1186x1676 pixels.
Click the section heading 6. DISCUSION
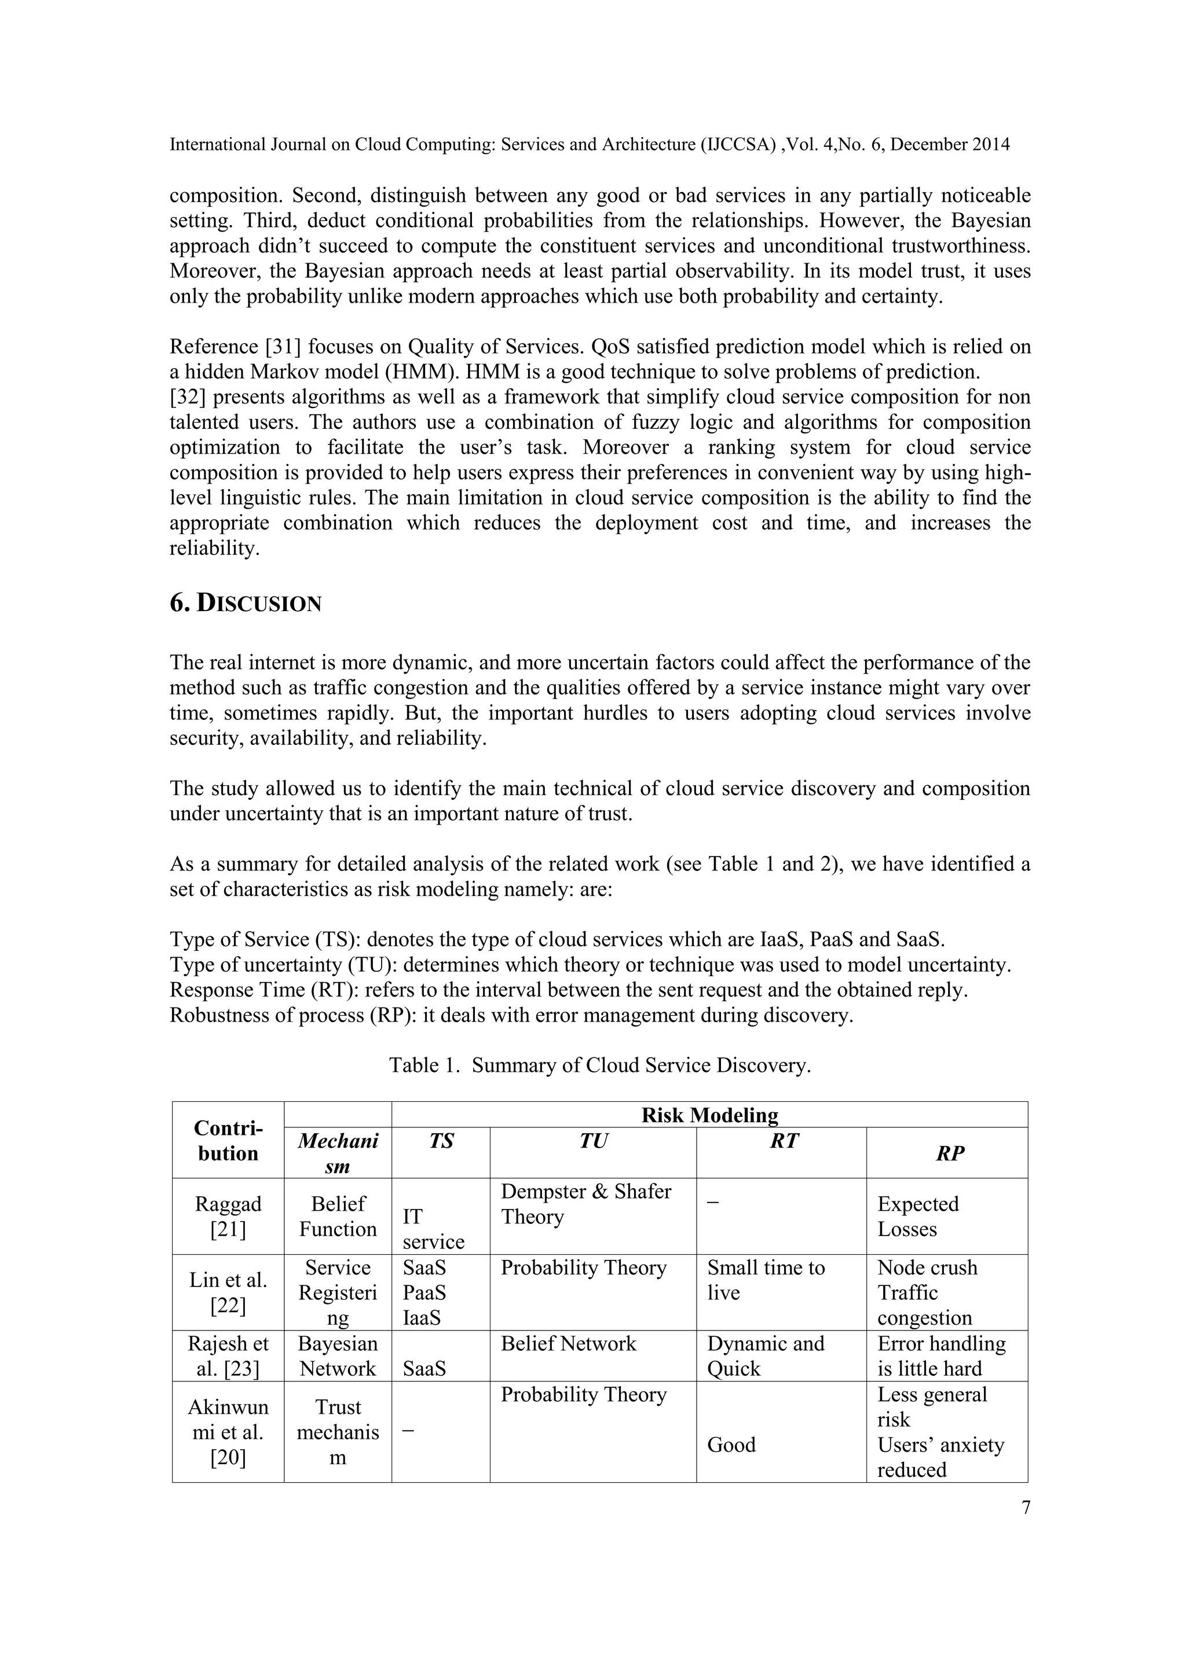tap(246, 604)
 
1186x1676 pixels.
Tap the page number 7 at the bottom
tap(1026, 1508)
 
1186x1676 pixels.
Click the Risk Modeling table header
tap(709, 1115)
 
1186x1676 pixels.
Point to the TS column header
tap(441, 1141)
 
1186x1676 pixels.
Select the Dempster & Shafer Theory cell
tap(585, 1204)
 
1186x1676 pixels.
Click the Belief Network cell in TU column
tap(568, 1343)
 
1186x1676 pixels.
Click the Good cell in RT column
tap(731, 1445)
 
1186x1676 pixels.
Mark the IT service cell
tap(433, 1229)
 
